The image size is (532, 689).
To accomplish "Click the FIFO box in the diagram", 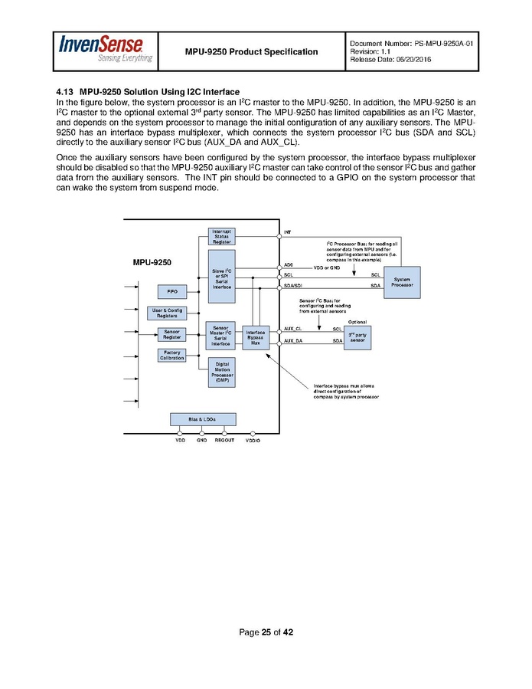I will pyautogui.click(x=171, y=291).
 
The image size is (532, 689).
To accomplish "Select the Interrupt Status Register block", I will pyautogui.click(x=221, y=236).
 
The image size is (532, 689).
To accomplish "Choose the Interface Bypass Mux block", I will pyautogui.click(x=256, y=338).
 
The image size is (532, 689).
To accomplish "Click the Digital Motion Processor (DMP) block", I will pyautogui.click(x=222, y=372).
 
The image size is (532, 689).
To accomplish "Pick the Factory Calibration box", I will pyautogui.click(x=171, y=355).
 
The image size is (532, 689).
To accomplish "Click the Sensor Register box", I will pyautogui.click(x=171, y=334).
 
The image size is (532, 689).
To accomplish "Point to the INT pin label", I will pyautogui.click(x=287, y=231).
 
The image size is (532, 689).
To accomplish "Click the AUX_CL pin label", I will pyautogui.click(x=292, y=328).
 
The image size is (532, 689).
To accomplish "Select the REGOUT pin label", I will pyautogui.click(x=225, y=441).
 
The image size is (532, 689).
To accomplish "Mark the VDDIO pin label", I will pyautogui.click(x=253, y=441).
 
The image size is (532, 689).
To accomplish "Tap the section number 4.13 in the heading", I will pyautogui.click(x=67, y=92).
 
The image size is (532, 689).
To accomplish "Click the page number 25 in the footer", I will pyautogui.click(x=266, y=632).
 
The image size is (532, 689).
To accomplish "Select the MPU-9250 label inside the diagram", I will pyautogui.click(x=153, y=262).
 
